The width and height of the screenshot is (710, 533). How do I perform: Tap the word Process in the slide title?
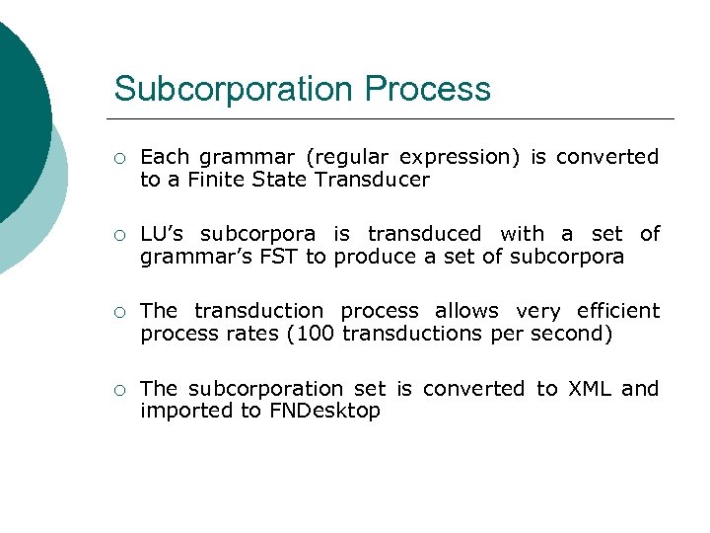coord(428,89)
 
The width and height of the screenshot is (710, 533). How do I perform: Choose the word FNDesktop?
coord(324,411)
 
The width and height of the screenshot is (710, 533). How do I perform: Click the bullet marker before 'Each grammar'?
coord(118,158)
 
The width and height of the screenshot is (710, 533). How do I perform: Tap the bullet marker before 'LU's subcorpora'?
coord(118,235)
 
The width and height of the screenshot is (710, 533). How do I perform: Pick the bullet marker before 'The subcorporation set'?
coord(118,390)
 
